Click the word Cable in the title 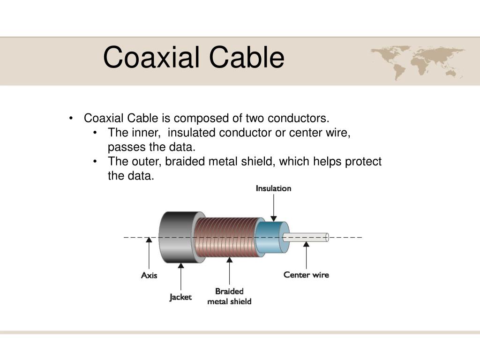coord(247,57)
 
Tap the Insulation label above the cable coord(273,188)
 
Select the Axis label coord(149,275)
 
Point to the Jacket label coord(180,297)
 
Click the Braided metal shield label coord(229,296)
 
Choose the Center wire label coord(306,275)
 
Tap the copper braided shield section coord(226,237)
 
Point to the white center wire coord(306,237)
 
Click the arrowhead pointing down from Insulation coord(274,218)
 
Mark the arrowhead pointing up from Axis coord(149,240)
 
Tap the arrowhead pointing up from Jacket coord(181,265)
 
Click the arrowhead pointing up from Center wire coord(307,244)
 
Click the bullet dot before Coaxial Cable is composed coord(71,118)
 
